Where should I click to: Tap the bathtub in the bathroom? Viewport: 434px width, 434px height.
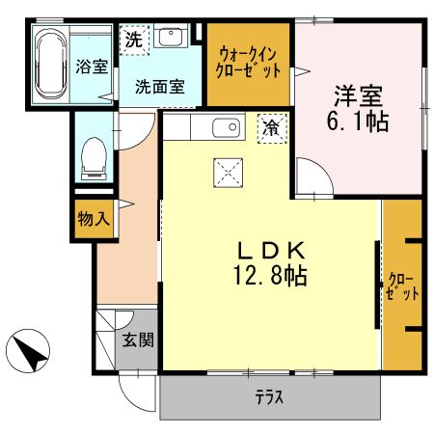click(49, 64)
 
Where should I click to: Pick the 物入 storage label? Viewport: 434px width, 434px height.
click(94, 219)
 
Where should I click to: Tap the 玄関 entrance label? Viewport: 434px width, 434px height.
click(136, 339)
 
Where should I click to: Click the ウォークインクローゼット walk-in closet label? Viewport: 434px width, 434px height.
click(250, 63)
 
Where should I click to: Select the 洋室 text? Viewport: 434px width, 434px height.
click(359, 96)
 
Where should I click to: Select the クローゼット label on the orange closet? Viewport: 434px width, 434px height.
click(402, 286)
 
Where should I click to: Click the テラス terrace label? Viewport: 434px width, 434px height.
click(269, 398)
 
